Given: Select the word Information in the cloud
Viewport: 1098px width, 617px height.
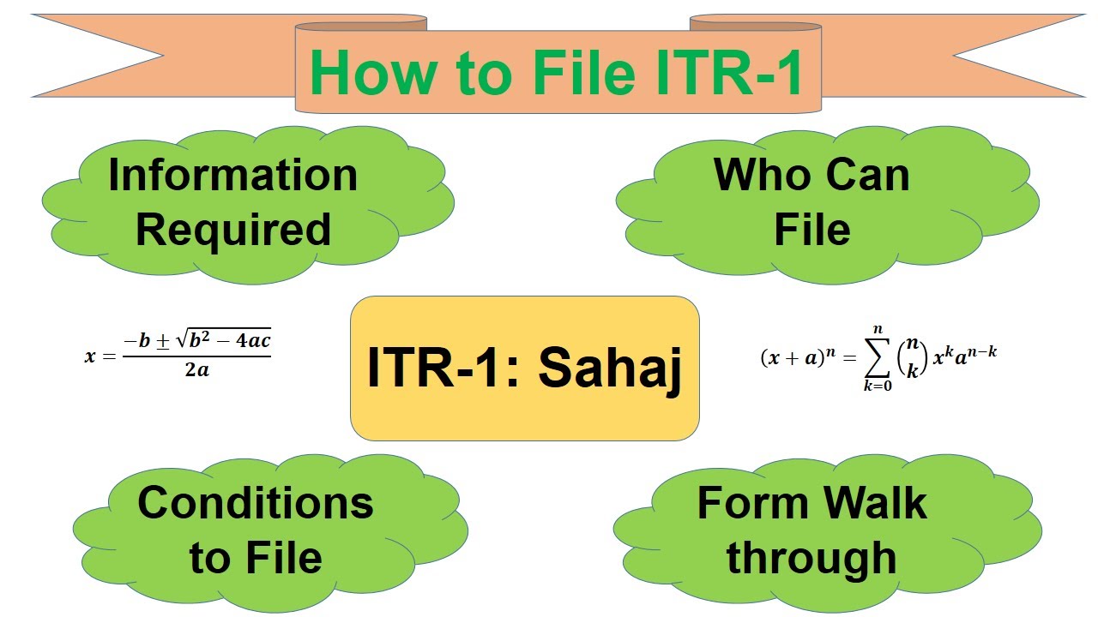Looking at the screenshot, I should point(232,175).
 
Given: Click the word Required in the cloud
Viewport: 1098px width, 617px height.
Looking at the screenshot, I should point(232,230).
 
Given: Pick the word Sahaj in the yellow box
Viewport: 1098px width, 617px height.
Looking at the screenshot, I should point(610,368).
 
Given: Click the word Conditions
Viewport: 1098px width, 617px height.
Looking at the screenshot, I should point(256,502).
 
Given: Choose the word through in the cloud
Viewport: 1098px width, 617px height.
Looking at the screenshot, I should point(811,557).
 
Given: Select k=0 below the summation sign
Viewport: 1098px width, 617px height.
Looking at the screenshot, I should point(877,386).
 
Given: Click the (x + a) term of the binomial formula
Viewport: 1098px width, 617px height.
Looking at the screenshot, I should point(788,358).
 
